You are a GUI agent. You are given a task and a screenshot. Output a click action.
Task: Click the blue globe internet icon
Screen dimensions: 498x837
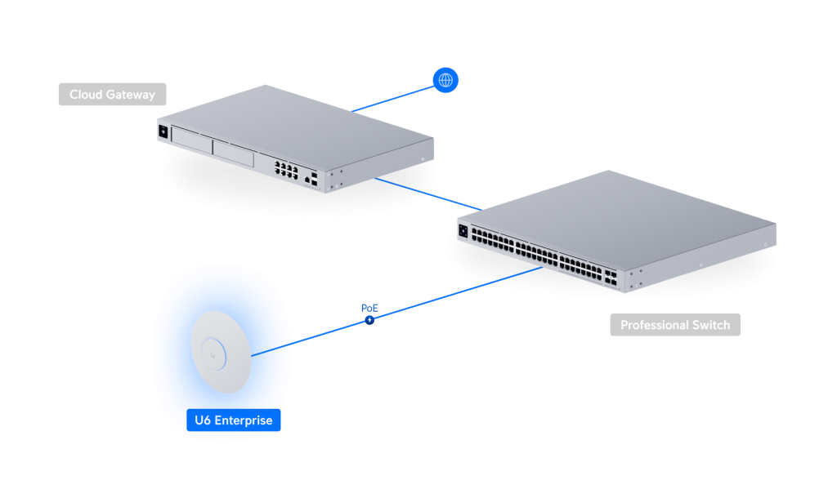[445, 80]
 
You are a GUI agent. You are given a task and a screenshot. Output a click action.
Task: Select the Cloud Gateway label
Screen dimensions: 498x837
[112, 95]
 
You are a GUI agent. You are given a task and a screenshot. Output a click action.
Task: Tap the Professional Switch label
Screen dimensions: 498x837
[675, 325]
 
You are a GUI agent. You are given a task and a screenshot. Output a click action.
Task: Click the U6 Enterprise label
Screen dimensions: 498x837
[233, 420]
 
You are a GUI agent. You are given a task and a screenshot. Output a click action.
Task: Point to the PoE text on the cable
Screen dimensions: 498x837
[370, 308]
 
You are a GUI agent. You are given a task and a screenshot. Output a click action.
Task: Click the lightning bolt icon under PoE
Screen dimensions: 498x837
[370, 319]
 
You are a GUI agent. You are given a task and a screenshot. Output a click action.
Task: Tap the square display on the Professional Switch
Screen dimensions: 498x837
[464, 231]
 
